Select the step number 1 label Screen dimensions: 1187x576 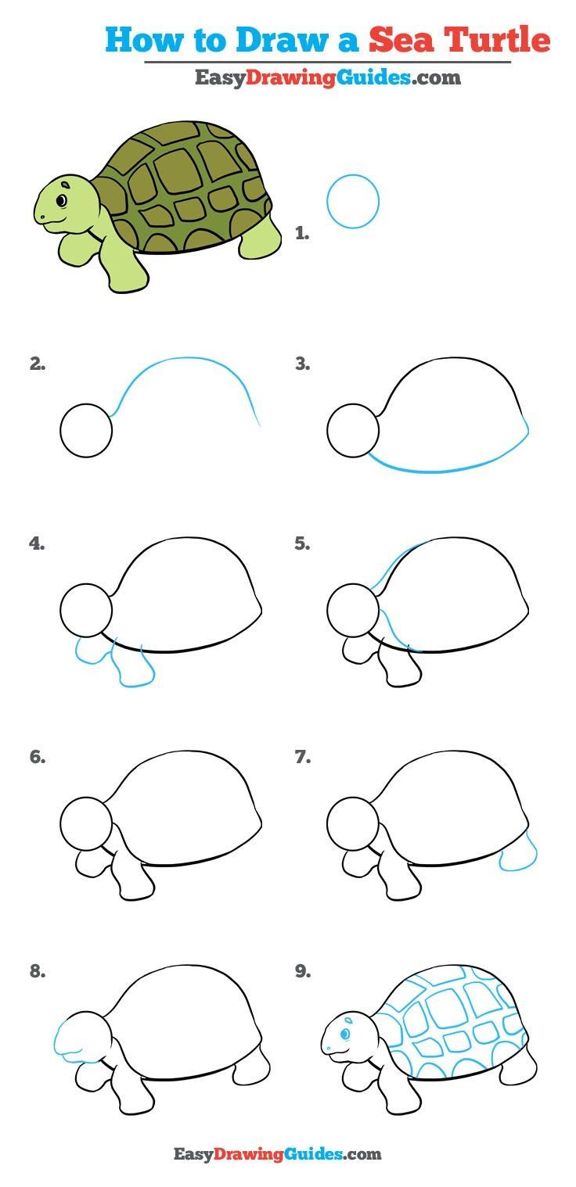point(302,232)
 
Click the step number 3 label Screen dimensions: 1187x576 point(302,364)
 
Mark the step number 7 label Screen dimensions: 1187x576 point(302,757)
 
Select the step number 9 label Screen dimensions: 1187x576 point(302,972)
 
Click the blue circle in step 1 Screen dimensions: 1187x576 point(352,201)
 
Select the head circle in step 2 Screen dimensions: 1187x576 point(86,431)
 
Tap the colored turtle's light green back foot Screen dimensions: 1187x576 point(261,238)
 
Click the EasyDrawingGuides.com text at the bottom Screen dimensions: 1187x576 point(277,1154)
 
